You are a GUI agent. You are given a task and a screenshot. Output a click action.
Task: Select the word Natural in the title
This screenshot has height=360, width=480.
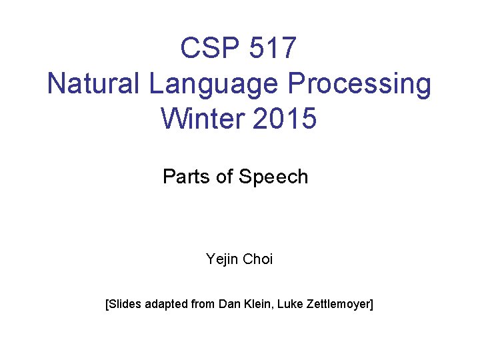(x=94, y=85)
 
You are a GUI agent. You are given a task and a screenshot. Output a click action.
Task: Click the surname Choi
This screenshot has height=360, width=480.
(x=258, y=259)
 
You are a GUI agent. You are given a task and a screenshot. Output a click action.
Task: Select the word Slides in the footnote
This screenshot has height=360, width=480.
(x=125, y=305)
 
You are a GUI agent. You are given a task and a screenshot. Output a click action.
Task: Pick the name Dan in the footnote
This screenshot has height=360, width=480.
(x=229, y=305)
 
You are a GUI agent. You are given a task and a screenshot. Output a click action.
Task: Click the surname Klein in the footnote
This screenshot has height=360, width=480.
(x=257, y=305)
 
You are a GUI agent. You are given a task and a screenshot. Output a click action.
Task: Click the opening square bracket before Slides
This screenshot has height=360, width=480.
(x=107, y=305)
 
